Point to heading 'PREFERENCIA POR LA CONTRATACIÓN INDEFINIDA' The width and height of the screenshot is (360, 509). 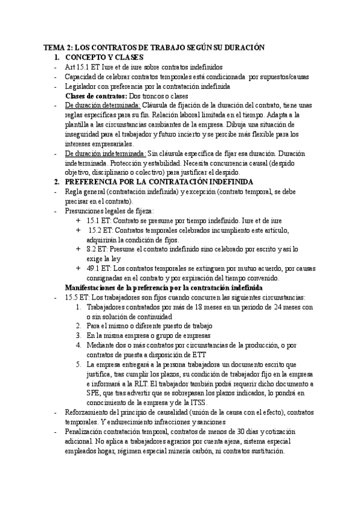159,181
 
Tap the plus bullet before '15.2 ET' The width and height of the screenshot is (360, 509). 79,229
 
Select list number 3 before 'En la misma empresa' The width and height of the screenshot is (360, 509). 79,336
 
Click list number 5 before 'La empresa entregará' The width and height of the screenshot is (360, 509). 79,364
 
